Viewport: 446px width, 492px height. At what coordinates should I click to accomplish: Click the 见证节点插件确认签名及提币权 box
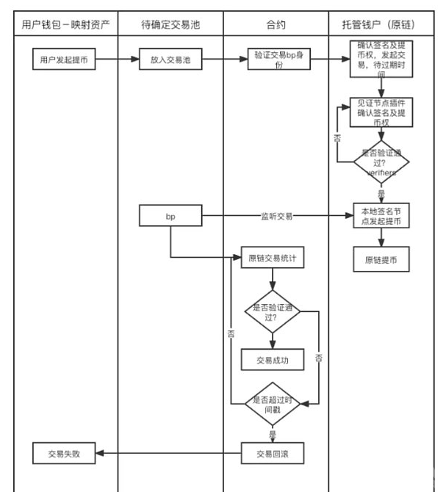click(x=381, y=112)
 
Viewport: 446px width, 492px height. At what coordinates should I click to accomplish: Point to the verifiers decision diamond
click(x=381, y=162)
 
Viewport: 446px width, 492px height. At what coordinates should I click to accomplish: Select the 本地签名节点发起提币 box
click(x=381, y=216)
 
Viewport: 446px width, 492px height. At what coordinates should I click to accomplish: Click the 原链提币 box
click(x=381, y=259)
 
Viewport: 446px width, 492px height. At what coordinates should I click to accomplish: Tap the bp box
click(x=170, y=216)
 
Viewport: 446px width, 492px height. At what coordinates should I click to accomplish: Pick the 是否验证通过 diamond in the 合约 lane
click(x=273, y=312)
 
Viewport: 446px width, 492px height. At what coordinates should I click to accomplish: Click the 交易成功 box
click(x=273, y=359)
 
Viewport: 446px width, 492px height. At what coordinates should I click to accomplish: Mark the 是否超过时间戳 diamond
click(x=273, y=404)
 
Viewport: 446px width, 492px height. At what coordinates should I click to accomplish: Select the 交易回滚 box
click(x=273, y=453)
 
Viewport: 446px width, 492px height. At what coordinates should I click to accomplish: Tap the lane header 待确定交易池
click(x=170, y=24)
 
